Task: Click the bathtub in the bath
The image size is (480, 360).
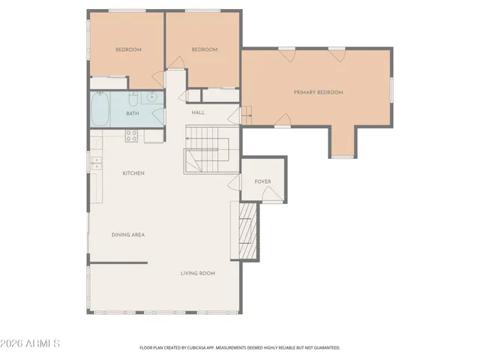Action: (100, 109)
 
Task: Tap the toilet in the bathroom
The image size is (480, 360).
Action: (132, 98)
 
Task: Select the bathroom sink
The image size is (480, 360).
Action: (151, 97)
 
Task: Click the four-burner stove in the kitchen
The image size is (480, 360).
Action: (131, 136)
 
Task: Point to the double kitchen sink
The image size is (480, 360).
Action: (96, 161)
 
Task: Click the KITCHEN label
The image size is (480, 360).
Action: (133, 173)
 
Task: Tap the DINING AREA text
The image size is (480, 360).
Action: (127, 235)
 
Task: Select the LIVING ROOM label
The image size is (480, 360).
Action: (197, 273)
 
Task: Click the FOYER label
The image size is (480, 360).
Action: (262, 181)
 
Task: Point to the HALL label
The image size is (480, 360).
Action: (198, 112)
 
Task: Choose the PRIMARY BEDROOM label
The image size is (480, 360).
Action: (318, 92)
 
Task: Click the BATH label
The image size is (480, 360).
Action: (132, 113)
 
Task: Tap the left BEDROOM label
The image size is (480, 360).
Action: (128, 49)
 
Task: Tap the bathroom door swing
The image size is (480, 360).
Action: (158, 115)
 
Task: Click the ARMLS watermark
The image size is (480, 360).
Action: (31, 343)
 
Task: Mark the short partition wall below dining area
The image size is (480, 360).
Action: (118, 262)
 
